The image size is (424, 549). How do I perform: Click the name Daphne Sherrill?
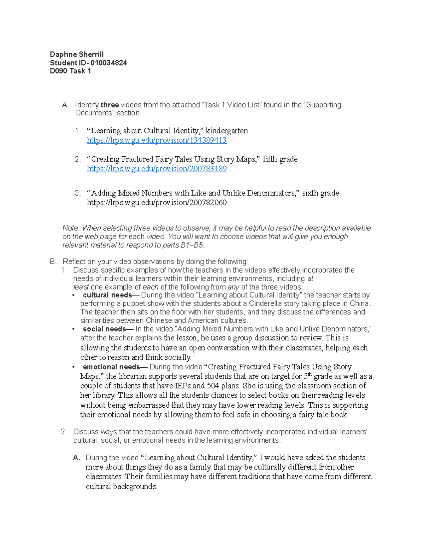pyautogui.click(x=77, y=54)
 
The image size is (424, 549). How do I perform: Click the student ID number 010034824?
pyautogui.click(x=108, y=63)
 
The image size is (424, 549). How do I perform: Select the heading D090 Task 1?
pyautogui.click(x=70, y=71)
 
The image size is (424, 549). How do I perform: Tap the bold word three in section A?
pyautogui.click(x=110, y=105)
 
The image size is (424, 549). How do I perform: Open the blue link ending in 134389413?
pyautogui.click(x=157, y=140)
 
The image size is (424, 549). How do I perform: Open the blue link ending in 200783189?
pyautogui.click(x=157, y=169)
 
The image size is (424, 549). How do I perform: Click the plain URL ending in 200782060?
pyautogui.click(x=157, y=203)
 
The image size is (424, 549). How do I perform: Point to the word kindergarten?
pyautogui.click(x=227, y=131)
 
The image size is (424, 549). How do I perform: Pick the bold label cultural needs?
pyautogui.click(x=107, y=295)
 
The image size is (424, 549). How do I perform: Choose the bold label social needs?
pyautogui.click(x=104, y=329)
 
